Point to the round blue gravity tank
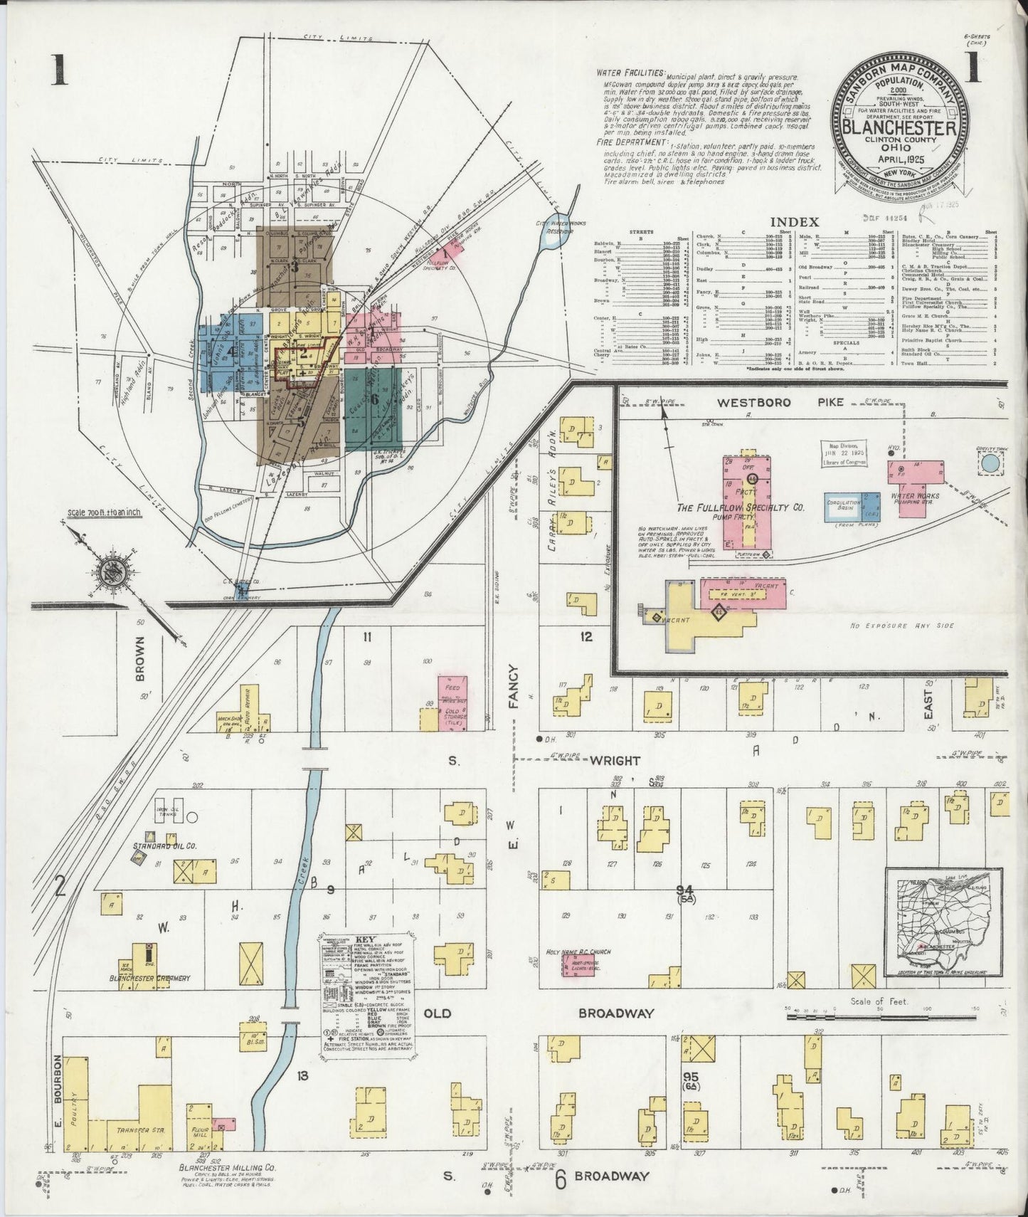coord(990,463)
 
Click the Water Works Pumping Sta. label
coord(914,500)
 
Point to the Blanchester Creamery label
coord(149,979)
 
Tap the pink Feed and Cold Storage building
coord(452,702)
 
